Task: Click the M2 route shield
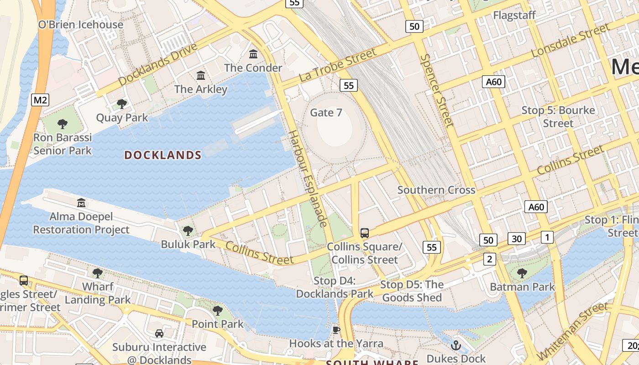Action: [x=40, y=100]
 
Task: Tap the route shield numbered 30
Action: [x=517, y=238]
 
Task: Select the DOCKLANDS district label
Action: [x=163, y=155]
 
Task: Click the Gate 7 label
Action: [x=326, y=112]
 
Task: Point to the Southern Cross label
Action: [x=436, y=190]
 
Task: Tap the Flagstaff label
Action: [x=514, y=16]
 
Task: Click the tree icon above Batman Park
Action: [x=522, y=273]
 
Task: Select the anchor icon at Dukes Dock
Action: [x=456, y=345]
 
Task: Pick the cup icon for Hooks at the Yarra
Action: [x=336, y=330]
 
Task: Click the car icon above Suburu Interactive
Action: [x=159, y=334]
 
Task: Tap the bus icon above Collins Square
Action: [x=365, y=233]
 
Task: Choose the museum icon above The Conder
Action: [x=253, y=54]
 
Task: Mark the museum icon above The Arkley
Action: [x=200, y=75]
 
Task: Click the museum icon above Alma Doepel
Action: [x=81, y=202]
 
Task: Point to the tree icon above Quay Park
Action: [x=122, y=104]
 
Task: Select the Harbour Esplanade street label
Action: [x=308, y=178]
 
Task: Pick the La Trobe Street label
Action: [x=338, y=65]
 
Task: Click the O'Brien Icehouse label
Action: [x=80, y=25]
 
